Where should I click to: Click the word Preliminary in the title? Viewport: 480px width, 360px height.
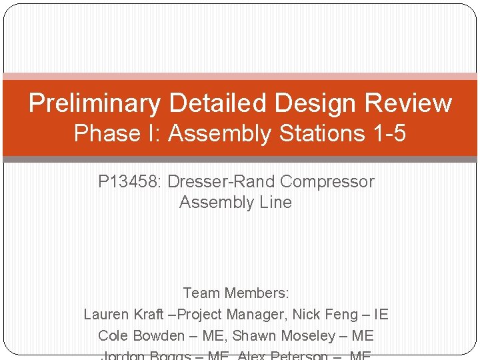pos(94,103)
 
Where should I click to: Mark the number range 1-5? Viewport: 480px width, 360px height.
pos(386,133)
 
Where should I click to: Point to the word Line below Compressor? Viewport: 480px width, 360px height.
pos(277,202)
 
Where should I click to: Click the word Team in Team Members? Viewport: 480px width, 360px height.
pos(200,293)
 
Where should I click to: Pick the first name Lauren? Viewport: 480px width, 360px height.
pos(107,314)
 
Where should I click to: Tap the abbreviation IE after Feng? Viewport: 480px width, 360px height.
pos(381,314)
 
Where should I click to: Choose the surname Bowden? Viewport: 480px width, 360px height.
pos(158,335)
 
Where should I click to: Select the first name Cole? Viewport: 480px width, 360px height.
pos(112,335)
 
